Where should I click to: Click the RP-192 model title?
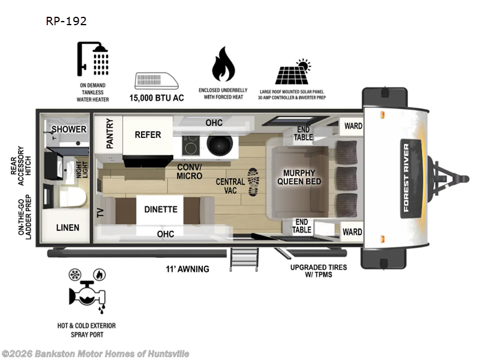click(66, 21)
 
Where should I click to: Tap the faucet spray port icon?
click(87, 294)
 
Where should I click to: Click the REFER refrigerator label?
click(148, 134)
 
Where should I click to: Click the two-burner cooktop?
click(191, 144)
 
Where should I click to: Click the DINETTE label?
click(161, 209)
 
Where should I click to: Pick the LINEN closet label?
click(68, 227)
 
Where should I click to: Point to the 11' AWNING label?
click(188, 269)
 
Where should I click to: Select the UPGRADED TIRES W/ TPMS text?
click(318, 271)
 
